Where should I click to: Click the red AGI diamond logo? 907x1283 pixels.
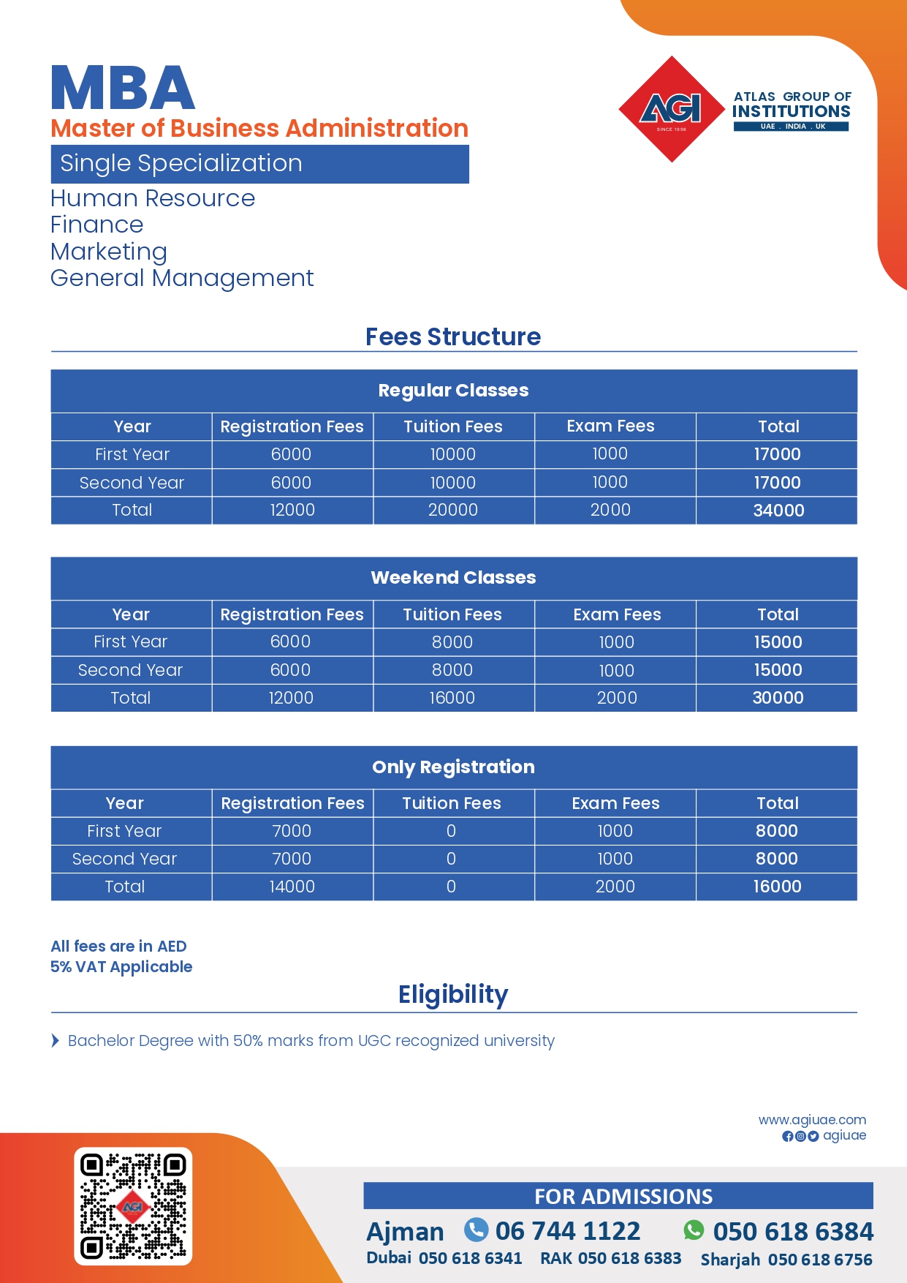pos(672,109)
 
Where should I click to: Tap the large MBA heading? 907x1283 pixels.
pos(123,89)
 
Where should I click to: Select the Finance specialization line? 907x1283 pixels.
pos(97,225)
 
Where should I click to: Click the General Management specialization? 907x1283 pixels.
pos(182,279)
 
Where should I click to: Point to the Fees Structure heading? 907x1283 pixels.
pos(453,337)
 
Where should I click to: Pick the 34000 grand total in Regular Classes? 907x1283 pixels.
pos(778,511)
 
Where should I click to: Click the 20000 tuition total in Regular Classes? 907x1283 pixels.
pos(453,511)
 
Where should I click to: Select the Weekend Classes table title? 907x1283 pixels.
pos(453,578)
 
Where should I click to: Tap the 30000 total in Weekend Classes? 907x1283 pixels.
pos(778,698)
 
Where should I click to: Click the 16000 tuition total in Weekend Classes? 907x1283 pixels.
pos(452,698)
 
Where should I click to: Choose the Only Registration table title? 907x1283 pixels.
pos(453,767)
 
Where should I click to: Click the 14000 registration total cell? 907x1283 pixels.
pos(292,887)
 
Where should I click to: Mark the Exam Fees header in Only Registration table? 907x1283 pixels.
pos(615,803)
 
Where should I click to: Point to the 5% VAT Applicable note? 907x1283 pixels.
pos(121,967)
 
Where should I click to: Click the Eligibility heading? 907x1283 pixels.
pos(453,995)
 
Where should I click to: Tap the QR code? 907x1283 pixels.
pos(133,1206)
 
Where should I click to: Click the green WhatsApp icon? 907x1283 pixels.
pos(694,1230)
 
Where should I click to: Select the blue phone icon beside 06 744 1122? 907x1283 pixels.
pos(477,1230)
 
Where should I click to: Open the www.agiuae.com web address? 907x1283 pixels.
pos(812,1120)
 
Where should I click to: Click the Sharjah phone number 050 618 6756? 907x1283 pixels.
pos(820,1260)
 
